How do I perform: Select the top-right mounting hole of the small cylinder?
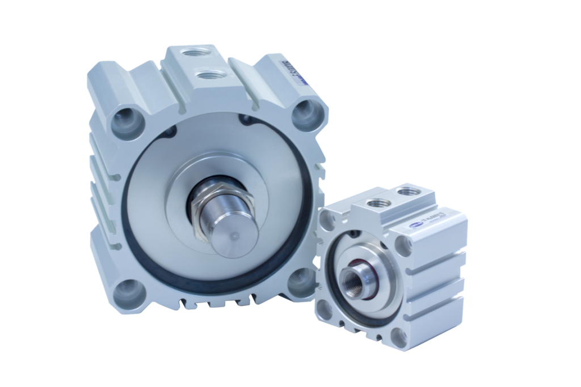[402, 243]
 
